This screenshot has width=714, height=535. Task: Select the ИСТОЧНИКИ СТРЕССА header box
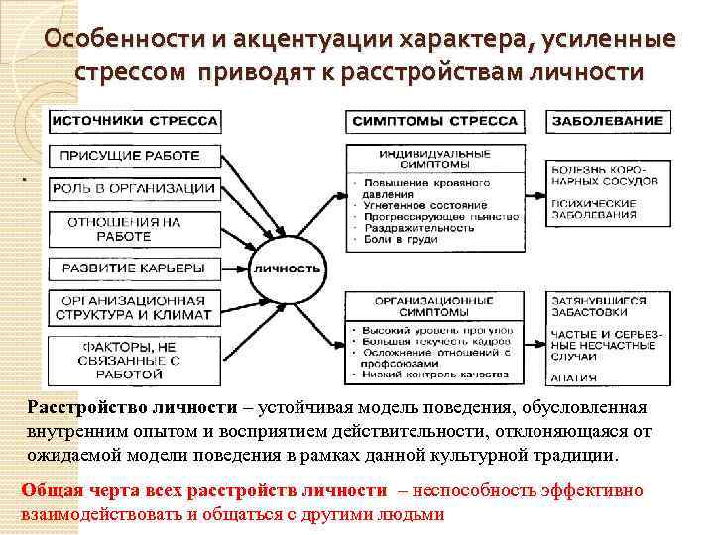[x=134, y=121]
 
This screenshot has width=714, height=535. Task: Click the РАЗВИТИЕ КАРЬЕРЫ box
[x=133, y=267]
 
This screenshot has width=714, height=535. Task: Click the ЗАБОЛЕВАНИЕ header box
[x=604, y=121]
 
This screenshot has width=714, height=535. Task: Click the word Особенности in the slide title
[x=113, y=40]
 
